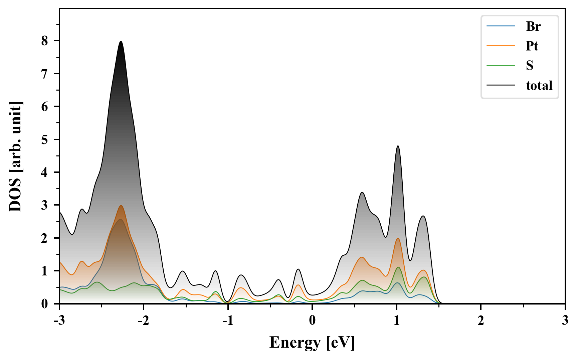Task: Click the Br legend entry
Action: coord(533,26)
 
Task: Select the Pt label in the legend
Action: coord(532,46)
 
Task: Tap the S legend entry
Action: coord(530,66)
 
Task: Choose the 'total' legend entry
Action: coord(539,86)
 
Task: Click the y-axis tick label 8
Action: coord(45,41)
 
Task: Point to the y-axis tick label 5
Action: coord(45,139)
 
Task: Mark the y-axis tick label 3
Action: coord(45,205)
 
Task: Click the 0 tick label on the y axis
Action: coord(45,304)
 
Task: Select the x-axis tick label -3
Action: coord(59,321)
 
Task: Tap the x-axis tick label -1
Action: coord(228,321)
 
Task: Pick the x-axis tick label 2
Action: coord(481,321)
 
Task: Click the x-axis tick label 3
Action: coord(565,321)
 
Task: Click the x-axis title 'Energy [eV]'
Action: coord(312,343)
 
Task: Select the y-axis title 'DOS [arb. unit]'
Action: coord(15,156)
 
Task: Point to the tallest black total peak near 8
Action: coord(121,41)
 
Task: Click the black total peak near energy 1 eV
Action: coord(398,146)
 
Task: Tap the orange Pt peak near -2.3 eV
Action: coord(121,206)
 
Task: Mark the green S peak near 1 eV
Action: coord(398,267)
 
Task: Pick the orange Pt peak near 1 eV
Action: coord(398,238)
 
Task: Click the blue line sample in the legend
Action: coord(501,26)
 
